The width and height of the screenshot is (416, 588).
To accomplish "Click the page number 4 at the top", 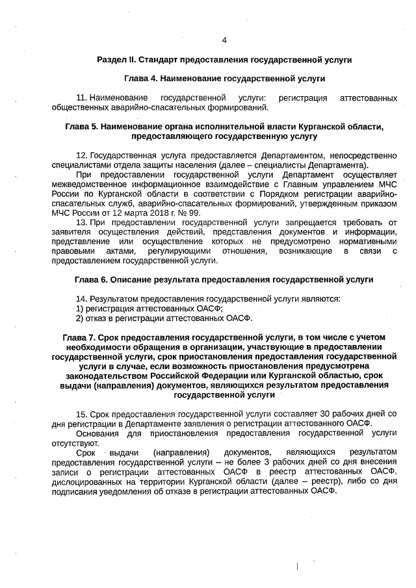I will [x=224, y=40].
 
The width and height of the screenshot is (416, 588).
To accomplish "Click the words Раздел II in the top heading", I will [x=116, y=59].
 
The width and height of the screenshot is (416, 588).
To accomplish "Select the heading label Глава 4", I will [x=141, y=78].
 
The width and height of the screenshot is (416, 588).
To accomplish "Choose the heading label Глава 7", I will [x=80, y=338].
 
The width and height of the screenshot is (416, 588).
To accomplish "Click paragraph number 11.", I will [x=81, y=97].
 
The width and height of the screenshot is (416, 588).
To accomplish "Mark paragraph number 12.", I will [x=81, y=156].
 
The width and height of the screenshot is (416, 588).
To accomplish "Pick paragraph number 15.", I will [x=81, y=413].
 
